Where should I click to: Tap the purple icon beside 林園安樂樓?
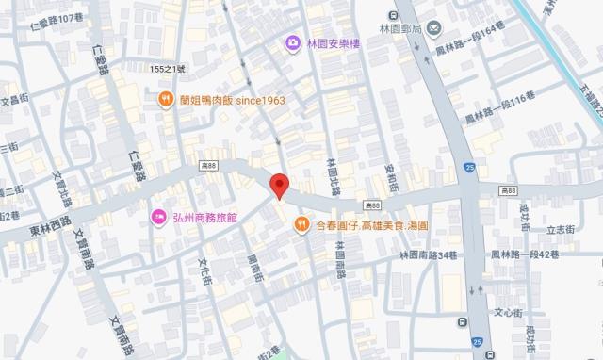click(x=293, y=43)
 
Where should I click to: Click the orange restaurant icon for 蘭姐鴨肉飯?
click(x=165, y=99)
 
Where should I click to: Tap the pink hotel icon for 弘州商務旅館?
click(x=158, y=217)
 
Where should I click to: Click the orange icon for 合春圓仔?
click(x=301, y=225)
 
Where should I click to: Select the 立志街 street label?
click(x=559, y=228)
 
